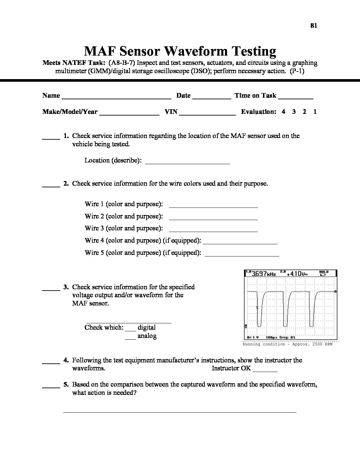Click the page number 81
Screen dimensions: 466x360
[314, 26]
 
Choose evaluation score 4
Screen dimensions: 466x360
[284, 112]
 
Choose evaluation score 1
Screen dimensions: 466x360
[315, 112]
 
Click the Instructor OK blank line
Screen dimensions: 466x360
[265, 370]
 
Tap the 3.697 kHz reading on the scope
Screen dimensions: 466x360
[262, 274]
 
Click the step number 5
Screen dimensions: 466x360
[66, 385]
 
